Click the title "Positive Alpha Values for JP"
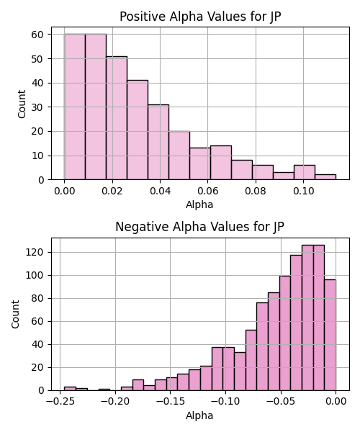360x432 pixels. pyautogui.click(x=200, y=17)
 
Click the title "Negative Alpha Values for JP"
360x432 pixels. pyautogui.click(x=199, y=227)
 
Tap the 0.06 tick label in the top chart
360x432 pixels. pyautogui.click(x=208, y=191)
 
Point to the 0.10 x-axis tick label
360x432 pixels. pyautogui.click(x=304, y=191)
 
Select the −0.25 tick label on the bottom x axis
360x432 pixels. pyautogui.click(x=60, y=402)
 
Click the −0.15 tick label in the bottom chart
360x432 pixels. pyautogui.click(x=170, y=402)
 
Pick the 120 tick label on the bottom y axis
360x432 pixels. pyautogui.click(x=35, y=252)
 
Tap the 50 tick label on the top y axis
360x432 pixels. pyautogui.click(x=37, y=59)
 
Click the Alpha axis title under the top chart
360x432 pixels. pyautogui.click(x=199, y=204)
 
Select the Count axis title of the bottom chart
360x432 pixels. pyautogui.click(x=15, y=315)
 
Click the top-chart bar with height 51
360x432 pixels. pyautogui.click(x=117, y=118)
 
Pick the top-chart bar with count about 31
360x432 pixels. pyautogui.click(x=158, y=142)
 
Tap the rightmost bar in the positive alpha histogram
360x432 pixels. pyautogui.click(x=325, y=177)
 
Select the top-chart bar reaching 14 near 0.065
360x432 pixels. pyautogui.click(x=221, y=163)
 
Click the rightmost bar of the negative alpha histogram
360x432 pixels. pyautogui.click(x=330, y=335)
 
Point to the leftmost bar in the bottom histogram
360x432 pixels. pyautogui.click(x=70, y=389)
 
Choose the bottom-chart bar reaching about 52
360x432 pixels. pyautogui.click(x=251, y=361)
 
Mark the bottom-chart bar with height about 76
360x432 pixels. pyautogui.click(x=262, y=346)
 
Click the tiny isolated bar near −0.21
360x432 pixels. pyautogui.click(x=104, y=390)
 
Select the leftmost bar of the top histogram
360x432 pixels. pyautogui.click(x=75, y=107)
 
